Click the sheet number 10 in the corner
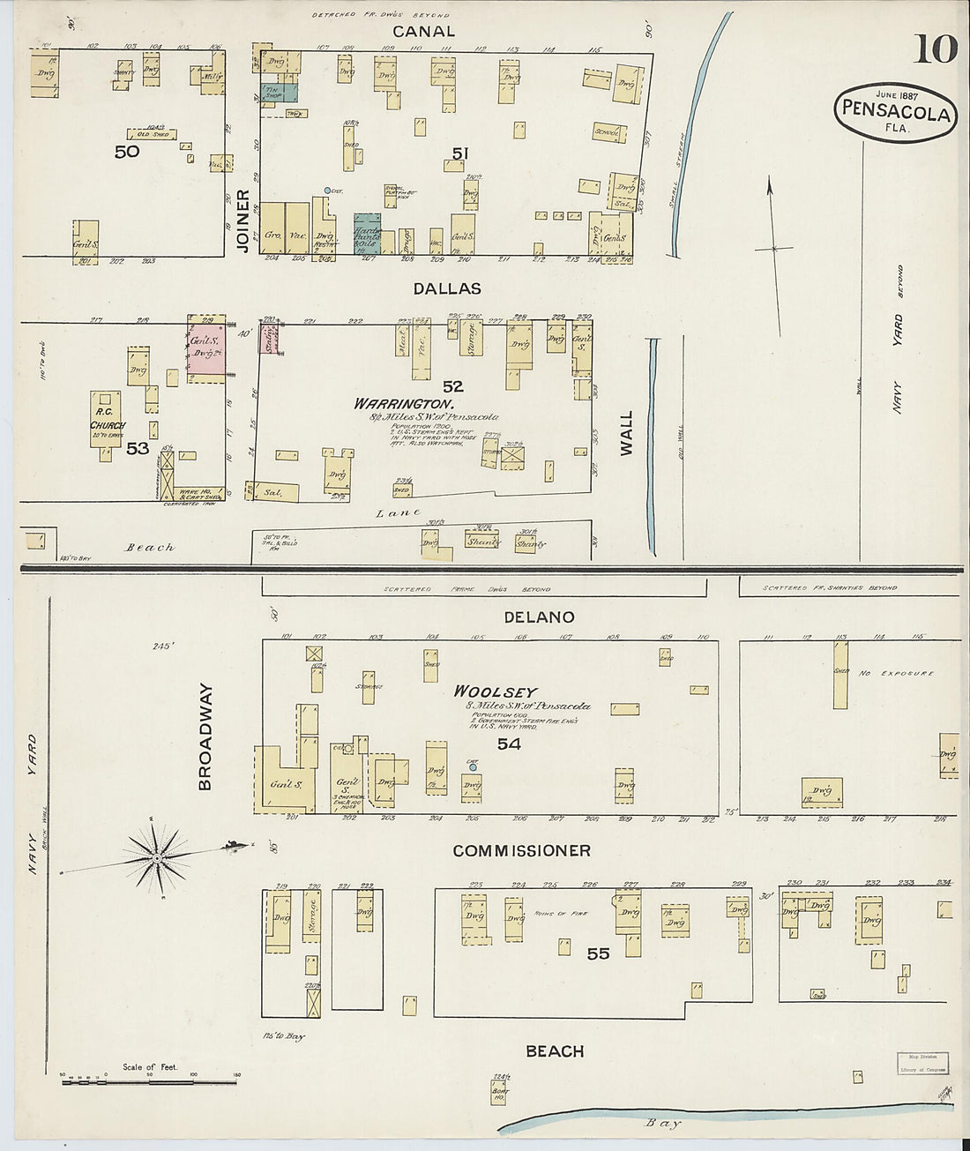click(935, 49)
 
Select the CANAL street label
click(423, 32)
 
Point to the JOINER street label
click(243, 221)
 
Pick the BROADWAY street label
click(205, 736)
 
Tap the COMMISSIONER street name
click(521, 851)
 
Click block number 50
click(127, 152)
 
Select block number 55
click(598, 953)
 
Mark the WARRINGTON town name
click(405, 404)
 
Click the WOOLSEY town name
click(495, 692)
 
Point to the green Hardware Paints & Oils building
click(367, 233)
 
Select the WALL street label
click(626, 433)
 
